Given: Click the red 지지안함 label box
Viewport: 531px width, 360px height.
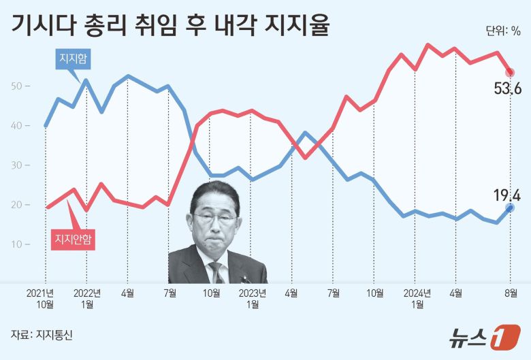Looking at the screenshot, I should point(73,239).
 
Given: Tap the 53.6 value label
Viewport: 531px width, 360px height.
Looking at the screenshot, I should point(507,89).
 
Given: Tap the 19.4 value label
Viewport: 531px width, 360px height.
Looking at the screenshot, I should point(506,197).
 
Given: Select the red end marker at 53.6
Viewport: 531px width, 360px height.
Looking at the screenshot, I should point(511,73).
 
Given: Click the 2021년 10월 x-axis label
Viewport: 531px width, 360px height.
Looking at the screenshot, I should point(45,299).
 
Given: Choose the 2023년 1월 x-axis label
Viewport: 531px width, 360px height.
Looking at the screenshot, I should point(252,299).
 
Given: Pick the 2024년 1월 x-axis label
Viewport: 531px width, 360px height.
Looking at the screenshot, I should point(417,299).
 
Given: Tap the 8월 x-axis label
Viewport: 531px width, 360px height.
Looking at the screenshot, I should point(511,293).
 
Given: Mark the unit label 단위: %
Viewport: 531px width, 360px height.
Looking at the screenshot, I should point(503,31).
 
